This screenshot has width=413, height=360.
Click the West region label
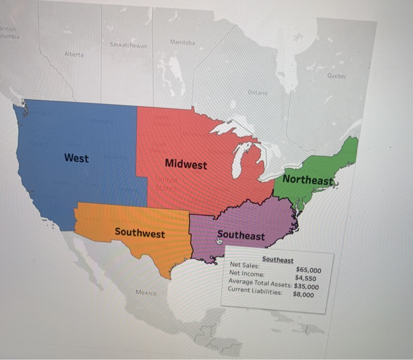coord(76,158)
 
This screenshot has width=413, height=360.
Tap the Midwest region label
coord(186,165)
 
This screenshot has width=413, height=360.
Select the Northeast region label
coord(307,179)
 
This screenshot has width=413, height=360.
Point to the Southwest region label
coord(140,233)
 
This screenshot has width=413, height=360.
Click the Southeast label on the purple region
coord(241,235)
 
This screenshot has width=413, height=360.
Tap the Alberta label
coord(74,54)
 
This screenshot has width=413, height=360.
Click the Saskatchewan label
coord(128,45)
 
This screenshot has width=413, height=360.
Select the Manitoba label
coord(182,42)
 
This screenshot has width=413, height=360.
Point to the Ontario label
coord(258,93)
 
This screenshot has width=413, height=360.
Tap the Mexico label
coord(146,293)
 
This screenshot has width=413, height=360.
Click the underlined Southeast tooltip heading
coord(277,260)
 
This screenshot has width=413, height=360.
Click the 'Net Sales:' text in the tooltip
coord(244,266)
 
